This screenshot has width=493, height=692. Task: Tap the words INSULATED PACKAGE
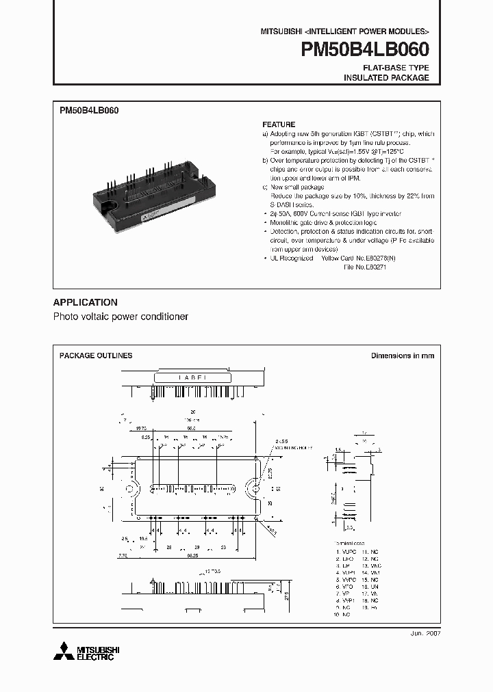click(x=386, y=78)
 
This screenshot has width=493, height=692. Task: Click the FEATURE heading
click(x=279, y=124)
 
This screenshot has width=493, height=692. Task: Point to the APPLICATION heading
click(x=85, y=302)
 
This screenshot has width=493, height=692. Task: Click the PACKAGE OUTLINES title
click(x=96, y=356)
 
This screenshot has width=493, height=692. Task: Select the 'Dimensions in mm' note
click(x=402, y=356)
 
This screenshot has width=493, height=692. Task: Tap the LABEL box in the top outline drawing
click(x=197, y=377)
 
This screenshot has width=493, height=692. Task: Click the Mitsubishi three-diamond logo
click(x=66, y=652)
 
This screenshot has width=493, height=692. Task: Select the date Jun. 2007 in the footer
click(x=425, y=634)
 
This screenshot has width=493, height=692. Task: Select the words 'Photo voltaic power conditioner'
click(x=121, y=317)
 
